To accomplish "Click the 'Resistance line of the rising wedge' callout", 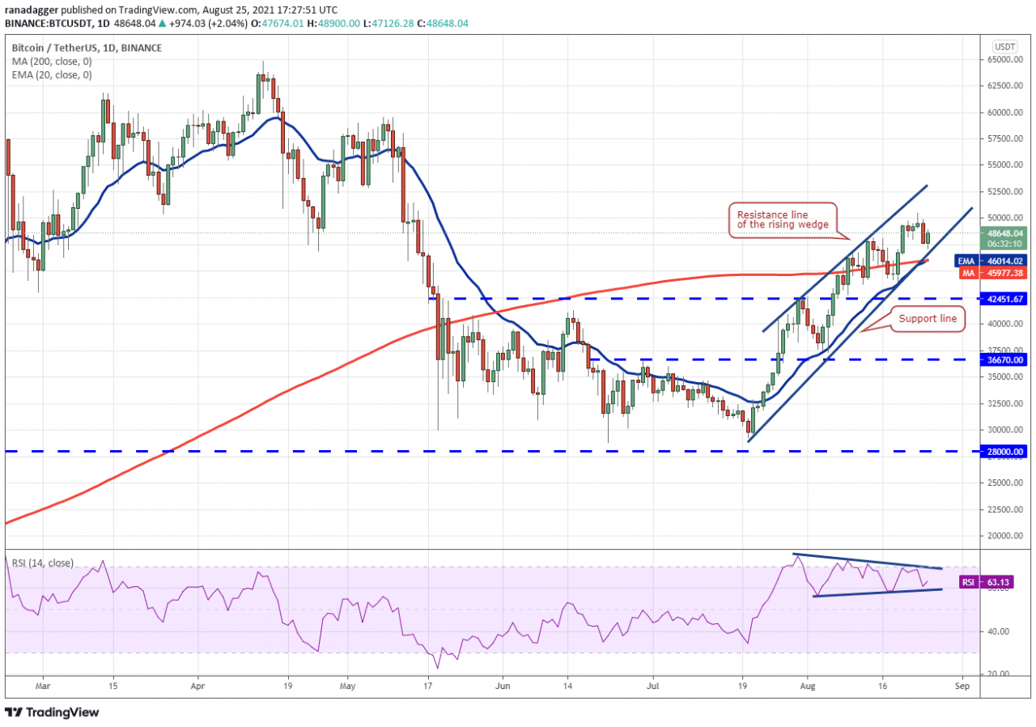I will pos(783,219).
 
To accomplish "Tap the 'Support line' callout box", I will pos(928,319).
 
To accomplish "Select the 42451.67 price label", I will pos(1004,299).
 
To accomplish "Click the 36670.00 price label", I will pos(1004,359).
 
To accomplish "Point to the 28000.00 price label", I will pos(1004,451).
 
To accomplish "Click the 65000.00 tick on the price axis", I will pos(1004,59).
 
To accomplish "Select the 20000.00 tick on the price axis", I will pos(1004,536).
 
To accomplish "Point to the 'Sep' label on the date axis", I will pos(962,684).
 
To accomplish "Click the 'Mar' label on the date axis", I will pos(44,684).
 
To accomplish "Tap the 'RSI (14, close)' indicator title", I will pos(42,563).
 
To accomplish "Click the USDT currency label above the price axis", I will pos(1004,46).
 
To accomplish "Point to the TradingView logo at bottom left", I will pos(53,712).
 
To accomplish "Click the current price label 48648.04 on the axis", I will pos(1004,232).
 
